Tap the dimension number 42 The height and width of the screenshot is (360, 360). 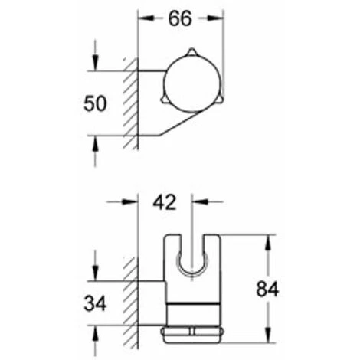click(164, 202)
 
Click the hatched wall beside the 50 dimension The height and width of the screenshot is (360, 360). click(130, 103)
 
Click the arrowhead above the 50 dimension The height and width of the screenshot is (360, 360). click(94, 67)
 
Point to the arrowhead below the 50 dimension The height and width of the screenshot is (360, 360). click(94, 141)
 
